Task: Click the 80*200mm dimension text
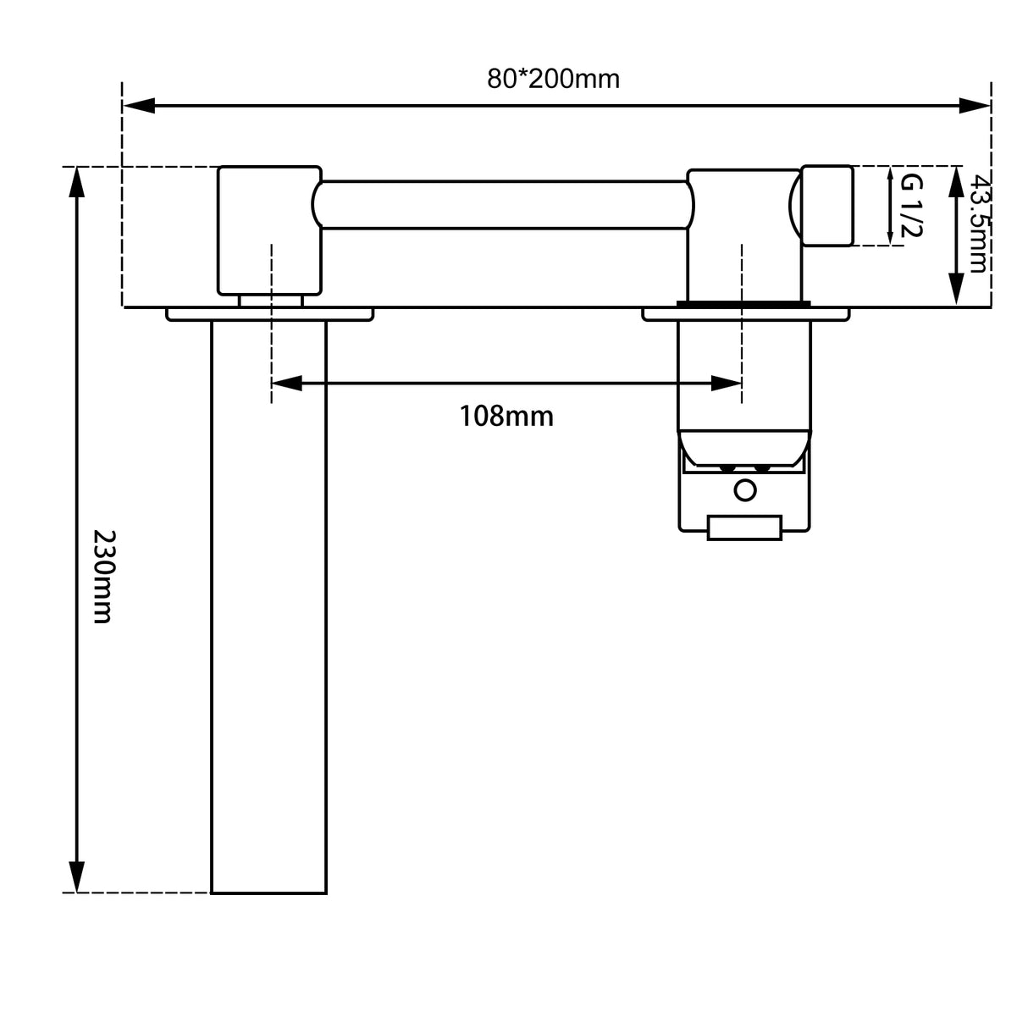pyautogui.click(x=553, y=79)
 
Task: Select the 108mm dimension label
pyautogui.click(x=506, y=416)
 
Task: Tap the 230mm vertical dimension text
pyautogui.click(x=102, y=577)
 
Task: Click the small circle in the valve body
pyautogui.click(x=745, y=490)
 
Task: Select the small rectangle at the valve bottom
pyautogui.click(x=744, y=528)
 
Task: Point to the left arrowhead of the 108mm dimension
pyautogui.click(x=286, y=384)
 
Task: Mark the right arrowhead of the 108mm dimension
pyautogui.click(x=727, y=384)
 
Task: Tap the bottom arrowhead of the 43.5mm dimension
pyautogui.click(x=956, y=289)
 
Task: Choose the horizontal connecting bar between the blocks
pyautogui.click(x=504, y=205)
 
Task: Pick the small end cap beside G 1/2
pyautogui.click(x=827, y=206)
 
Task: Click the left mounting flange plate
pyautogui.click(x=269, y=314)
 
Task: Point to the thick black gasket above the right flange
pyautogui.click(x=743, y=302)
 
